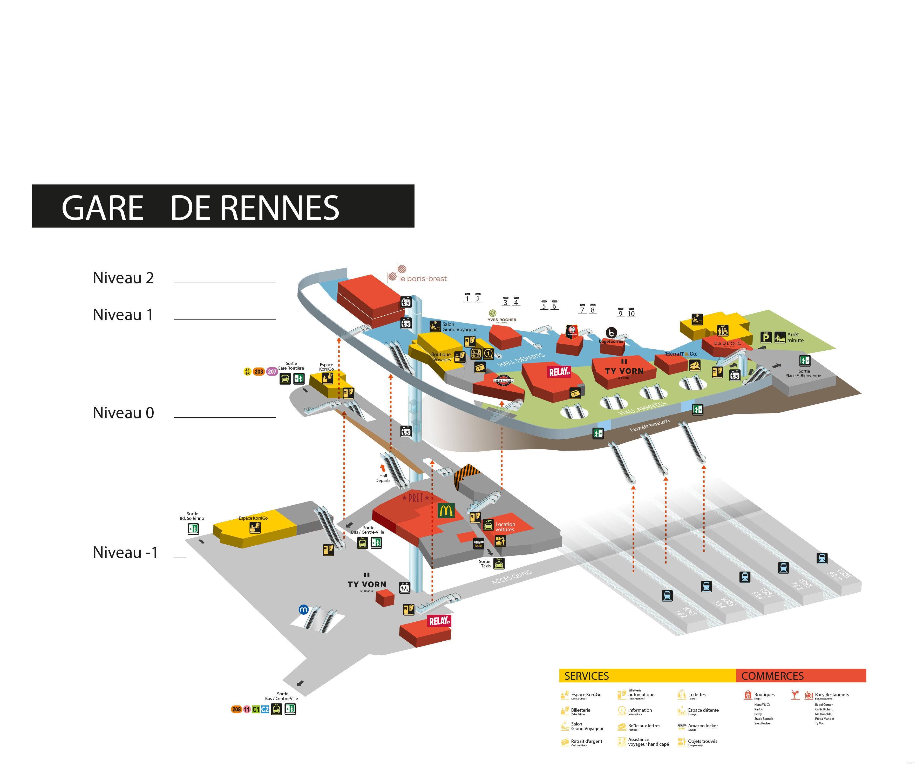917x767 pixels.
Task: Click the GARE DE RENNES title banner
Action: tap(223, 206)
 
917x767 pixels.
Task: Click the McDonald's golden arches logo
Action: tap(446, 511)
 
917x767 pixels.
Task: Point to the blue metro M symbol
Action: tap(303, 610)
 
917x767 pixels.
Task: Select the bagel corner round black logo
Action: tap(612, 332)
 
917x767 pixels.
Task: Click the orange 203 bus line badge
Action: tap(259, 372)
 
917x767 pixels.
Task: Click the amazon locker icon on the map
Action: tap(479, 544)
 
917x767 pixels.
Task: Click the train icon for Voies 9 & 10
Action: tap(822, 558)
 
